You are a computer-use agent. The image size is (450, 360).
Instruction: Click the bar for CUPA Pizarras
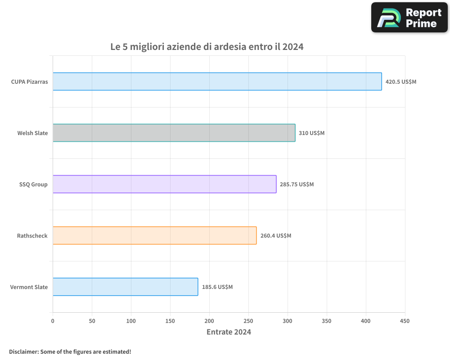point(217,81)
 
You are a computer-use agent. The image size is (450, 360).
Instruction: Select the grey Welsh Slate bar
point(174,133)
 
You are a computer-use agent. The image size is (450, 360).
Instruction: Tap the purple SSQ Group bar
point(164,184)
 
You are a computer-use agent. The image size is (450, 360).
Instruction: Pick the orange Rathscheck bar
point(154,235)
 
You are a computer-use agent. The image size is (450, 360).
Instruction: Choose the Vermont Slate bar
point(125,287)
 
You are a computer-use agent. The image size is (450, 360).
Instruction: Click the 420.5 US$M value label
point(400,82)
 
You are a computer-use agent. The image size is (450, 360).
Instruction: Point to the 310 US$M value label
point(311,133)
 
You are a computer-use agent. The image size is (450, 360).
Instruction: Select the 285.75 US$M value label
point(297,184)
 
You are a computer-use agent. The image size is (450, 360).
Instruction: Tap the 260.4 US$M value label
point(275,236)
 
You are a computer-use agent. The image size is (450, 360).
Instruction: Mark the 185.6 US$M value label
point(217,287)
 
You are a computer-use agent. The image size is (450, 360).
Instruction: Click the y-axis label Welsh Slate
point(32,133)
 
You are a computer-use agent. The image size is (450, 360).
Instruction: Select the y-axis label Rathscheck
point(32,236)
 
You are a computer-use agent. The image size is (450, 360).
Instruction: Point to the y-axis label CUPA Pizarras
point(29,82)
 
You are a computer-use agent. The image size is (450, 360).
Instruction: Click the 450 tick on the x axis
point(405,321)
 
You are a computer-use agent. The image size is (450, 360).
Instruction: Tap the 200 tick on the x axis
point(209,321)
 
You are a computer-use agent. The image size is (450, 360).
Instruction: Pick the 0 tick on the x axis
point(53,321)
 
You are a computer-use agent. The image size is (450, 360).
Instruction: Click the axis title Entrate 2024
point(229,332)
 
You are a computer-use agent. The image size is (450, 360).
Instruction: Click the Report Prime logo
point(409,18)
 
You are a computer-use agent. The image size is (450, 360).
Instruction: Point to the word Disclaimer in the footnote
point(23,351)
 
